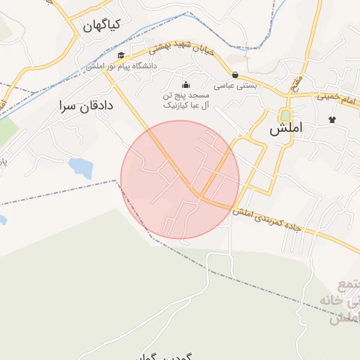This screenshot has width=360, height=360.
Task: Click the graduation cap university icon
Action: pos(120,56)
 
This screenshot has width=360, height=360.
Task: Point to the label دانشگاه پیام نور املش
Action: pos(122,66)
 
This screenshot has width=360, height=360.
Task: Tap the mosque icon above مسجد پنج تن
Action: pos(186,86)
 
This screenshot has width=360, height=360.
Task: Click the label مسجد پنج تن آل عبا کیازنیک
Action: pos(186,100)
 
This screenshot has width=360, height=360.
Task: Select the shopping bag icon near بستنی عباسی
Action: pos(234,75)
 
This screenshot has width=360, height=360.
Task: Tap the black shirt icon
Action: pos(332,119)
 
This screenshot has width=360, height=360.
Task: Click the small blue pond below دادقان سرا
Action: pos(80,167)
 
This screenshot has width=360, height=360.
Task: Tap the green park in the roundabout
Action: pos(285,115)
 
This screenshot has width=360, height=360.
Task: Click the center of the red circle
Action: pos(180,179)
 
